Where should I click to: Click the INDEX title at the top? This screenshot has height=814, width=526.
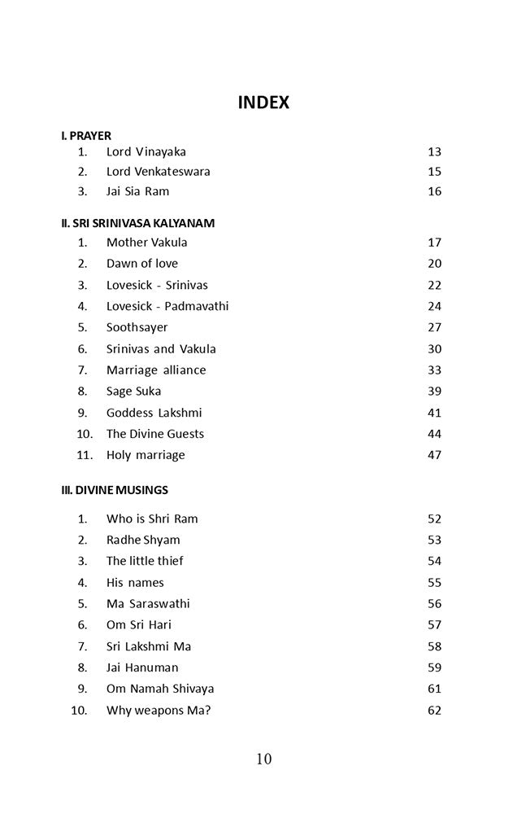[263, 103]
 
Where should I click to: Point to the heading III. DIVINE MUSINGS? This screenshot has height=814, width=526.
[115, 490]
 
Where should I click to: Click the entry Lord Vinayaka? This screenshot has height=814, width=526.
[146, 151]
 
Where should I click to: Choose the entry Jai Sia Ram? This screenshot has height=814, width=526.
[137, 191]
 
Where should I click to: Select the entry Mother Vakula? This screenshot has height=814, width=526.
[146, 243]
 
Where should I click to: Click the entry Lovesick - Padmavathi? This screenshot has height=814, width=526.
[167, 306]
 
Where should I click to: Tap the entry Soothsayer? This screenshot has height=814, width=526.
[137, 327]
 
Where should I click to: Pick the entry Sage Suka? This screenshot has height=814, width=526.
[133, 391]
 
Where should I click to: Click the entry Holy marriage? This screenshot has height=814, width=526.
[146, 455]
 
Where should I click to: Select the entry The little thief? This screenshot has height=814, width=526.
[145, 561]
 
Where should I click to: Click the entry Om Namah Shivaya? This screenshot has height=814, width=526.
[160, 689]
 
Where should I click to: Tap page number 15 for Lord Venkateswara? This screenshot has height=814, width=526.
[434, 172]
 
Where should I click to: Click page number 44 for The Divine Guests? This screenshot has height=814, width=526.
[434, 434]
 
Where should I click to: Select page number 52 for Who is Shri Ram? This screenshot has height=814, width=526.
[434, 519]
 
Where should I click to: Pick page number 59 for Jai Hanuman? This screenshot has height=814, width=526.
[434, 667]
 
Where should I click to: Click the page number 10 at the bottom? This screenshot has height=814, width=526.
[263, 759]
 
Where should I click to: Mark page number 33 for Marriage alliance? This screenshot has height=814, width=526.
[434, 370]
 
